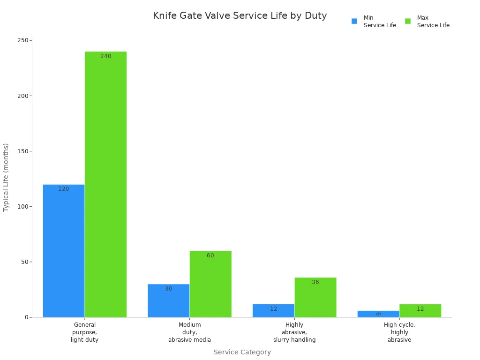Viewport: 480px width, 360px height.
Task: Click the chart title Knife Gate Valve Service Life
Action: [x=240, y=15]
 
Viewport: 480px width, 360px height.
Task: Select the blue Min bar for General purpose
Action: [x=64, y=251]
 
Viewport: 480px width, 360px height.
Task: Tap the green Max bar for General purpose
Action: [x=105, y=184]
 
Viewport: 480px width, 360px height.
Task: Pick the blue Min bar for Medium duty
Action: [x=168, y=300]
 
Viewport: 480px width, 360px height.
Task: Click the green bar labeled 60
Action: [x=210, y=284]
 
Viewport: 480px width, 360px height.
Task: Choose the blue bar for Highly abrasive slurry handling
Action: [x=273, y=311]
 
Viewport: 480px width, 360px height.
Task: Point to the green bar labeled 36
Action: [x=315, y=297]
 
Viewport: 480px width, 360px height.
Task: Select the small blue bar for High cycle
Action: [x=378, y=314]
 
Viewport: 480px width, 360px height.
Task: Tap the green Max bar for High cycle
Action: [x=420, y=311]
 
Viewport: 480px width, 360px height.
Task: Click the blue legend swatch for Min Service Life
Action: [x=354, y=21]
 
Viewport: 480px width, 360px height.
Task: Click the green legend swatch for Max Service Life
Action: [x=408, y=21]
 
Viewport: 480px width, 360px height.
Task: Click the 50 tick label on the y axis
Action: [x=25, y=262]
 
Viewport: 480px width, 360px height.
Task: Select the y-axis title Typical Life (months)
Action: [x=6, y=177]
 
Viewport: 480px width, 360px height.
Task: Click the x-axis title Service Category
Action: [x=242, y=352]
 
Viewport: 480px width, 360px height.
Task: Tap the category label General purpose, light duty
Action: [x=85, y=332]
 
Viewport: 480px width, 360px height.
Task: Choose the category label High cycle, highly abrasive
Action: [x=399, y=332]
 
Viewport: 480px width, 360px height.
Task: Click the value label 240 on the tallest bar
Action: [x=106, y=56]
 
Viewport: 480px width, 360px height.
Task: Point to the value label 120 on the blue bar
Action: [x=64, y=189]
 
